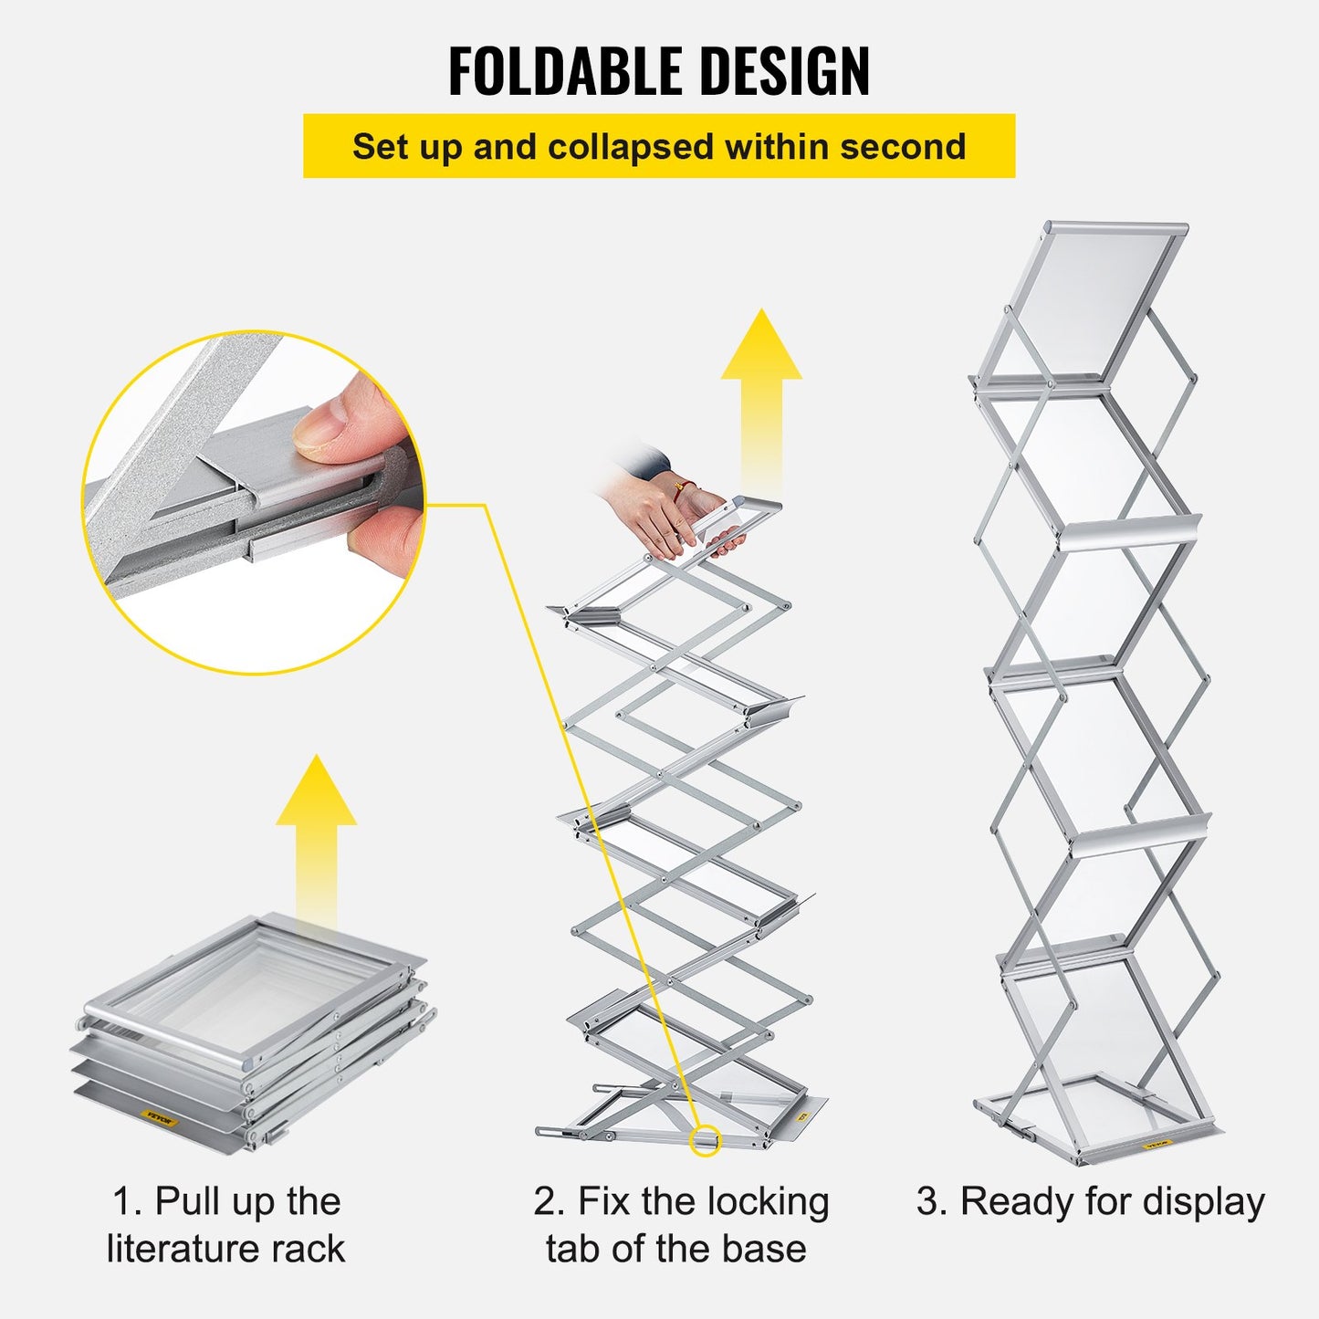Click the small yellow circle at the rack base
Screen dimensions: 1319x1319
704,1140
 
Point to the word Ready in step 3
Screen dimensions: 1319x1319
1018,1201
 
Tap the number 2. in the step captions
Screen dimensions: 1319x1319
550,1201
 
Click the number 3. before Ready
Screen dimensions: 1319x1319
932,1201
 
